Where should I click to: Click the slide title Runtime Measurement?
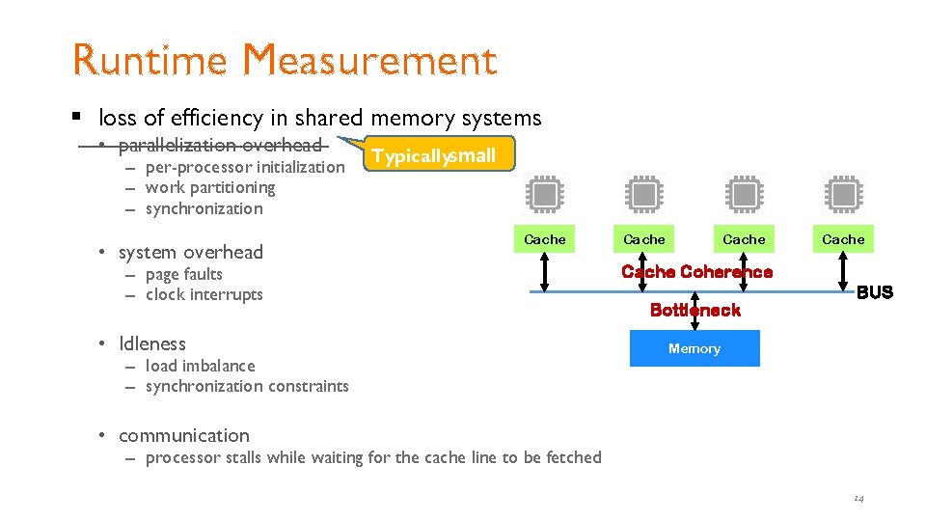coord(285,60)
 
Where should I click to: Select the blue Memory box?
coord(694,348)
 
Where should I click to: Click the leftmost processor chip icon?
coord(545,194)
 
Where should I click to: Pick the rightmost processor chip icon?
coord(843,194)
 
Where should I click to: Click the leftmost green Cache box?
coord(545,238)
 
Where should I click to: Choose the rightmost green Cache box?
coord(843,238)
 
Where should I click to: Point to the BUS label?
coord(874,292)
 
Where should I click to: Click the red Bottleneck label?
coord(694,310)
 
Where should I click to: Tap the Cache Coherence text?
coord(696,272)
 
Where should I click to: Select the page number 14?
coord(858,499)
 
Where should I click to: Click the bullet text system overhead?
coord(190,252)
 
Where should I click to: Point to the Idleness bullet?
coord(151,343)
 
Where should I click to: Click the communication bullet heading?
coord(183,435)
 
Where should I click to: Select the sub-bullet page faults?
coord(183,275)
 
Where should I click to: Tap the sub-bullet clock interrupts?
coord(204,294)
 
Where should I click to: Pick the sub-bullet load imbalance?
coord(200,366)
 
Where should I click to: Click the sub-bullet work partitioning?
coord(209,187)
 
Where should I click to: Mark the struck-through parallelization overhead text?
coord(219,146)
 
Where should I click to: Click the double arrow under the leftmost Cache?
coord(545,271)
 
